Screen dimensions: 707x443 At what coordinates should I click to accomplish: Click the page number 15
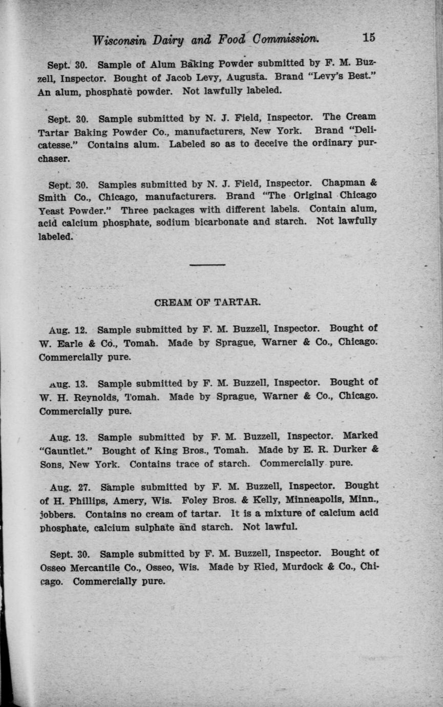[369, 37]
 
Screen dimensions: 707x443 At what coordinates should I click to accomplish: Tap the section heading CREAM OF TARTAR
[207, 302]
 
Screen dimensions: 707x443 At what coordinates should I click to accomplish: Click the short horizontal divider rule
[207, 264]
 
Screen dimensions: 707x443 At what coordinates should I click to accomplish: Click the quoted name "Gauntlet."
[68, 451]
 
